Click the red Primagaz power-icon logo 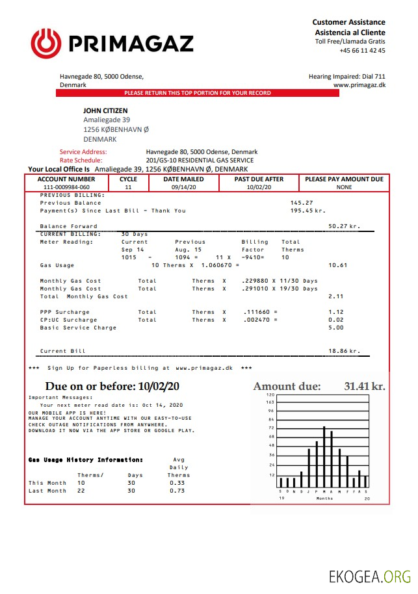click(x=46, y=43)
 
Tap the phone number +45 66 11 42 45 click(x=362, y=51)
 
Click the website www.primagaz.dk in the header click(x=359, y=85)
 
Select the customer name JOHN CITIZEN click(x=105, y=111)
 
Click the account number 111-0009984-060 click(x=66, y=187)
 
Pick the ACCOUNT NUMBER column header click(x=66, y=179)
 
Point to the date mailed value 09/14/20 click(x=183, y=187)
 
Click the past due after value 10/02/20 click(x=259, y=187)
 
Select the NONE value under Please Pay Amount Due click(x=344, y=187)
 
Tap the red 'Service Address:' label click(x=83, y=152)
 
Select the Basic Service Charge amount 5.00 click(x=336, y=328)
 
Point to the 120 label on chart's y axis click(x=271, y=395)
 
